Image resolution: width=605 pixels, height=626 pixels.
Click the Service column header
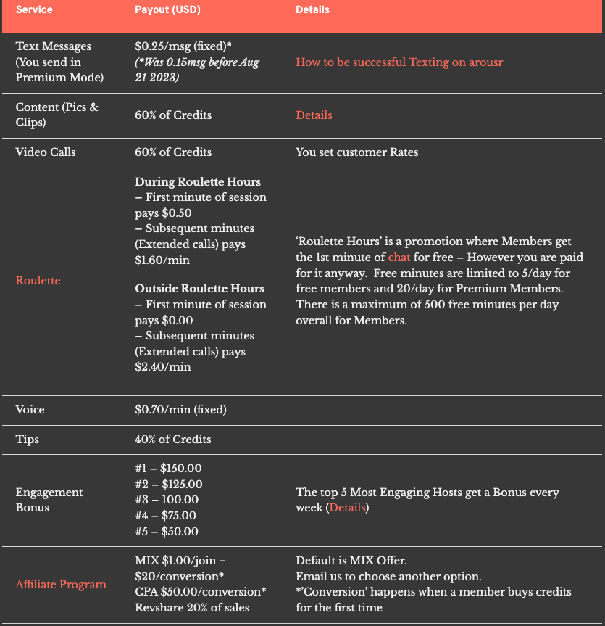[x=33, y=10]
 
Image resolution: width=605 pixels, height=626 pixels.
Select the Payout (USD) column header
[x=167, y=10]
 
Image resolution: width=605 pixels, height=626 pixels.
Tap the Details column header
[x=312, y=10]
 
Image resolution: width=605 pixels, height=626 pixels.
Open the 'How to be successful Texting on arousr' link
[x=399, y=62]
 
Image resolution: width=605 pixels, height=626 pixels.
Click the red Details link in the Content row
[x=314, y=115]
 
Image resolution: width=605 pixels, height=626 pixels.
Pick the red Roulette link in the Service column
[x=38, y=280]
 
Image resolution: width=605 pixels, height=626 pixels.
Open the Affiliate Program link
[x=61, y=585]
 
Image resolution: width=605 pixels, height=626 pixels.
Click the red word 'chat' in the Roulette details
[x=399, y=258]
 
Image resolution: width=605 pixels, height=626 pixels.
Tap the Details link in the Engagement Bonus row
[x=348, y=508]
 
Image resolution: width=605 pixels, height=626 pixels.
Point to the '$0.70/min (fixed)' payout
[x=180, y=410]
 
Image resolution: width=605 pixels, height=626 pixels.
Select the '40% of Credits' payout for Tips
[x=173, y=440]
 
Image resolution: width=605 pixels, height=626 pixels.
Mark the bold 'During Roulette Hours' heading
[x=198, y=182]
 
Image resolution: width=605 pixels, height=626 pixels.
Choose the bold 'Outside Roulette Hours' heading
[x=199, y=289]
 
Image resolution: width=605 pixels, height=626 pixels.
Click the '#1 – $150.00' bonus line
[x=168, y=469]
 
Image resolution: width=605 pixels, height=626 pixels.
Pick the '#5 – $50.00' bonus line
[x=166, y=532]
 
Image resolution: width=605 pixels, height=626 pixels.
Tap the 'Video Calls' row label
[x=46, y=152]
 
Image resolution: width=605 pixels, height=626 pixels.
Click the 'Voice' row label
[x=30, y=410]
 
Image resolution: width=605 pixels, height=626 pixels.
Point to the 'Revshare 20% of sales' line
[x=192, y=607]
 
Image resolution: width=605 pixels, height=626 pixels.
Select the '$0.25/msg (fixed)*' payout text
[x=183, y=46]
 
